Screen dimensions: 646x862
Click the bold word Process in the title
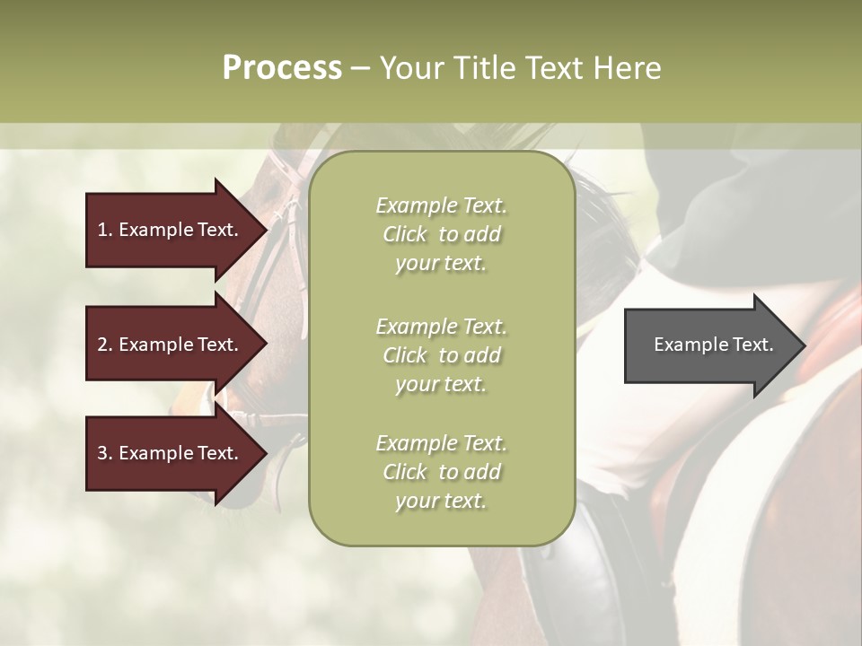tap(282, 68)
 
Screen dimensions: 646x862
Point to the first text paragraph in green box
tap(441, 234)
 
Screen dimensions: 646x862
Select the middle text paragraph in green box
tap(441, 354)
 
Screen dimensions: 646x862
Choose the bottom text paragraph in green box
tap(441, 472)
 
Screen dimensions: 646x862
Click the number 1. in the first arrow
tap(105, 230)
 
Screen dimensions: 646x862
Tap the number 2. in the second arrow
tap(105, 345)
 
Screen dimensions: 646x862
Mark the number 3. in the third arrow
tap(105, 454)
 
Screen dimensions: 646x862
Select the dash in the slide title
tap(360, 69)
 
